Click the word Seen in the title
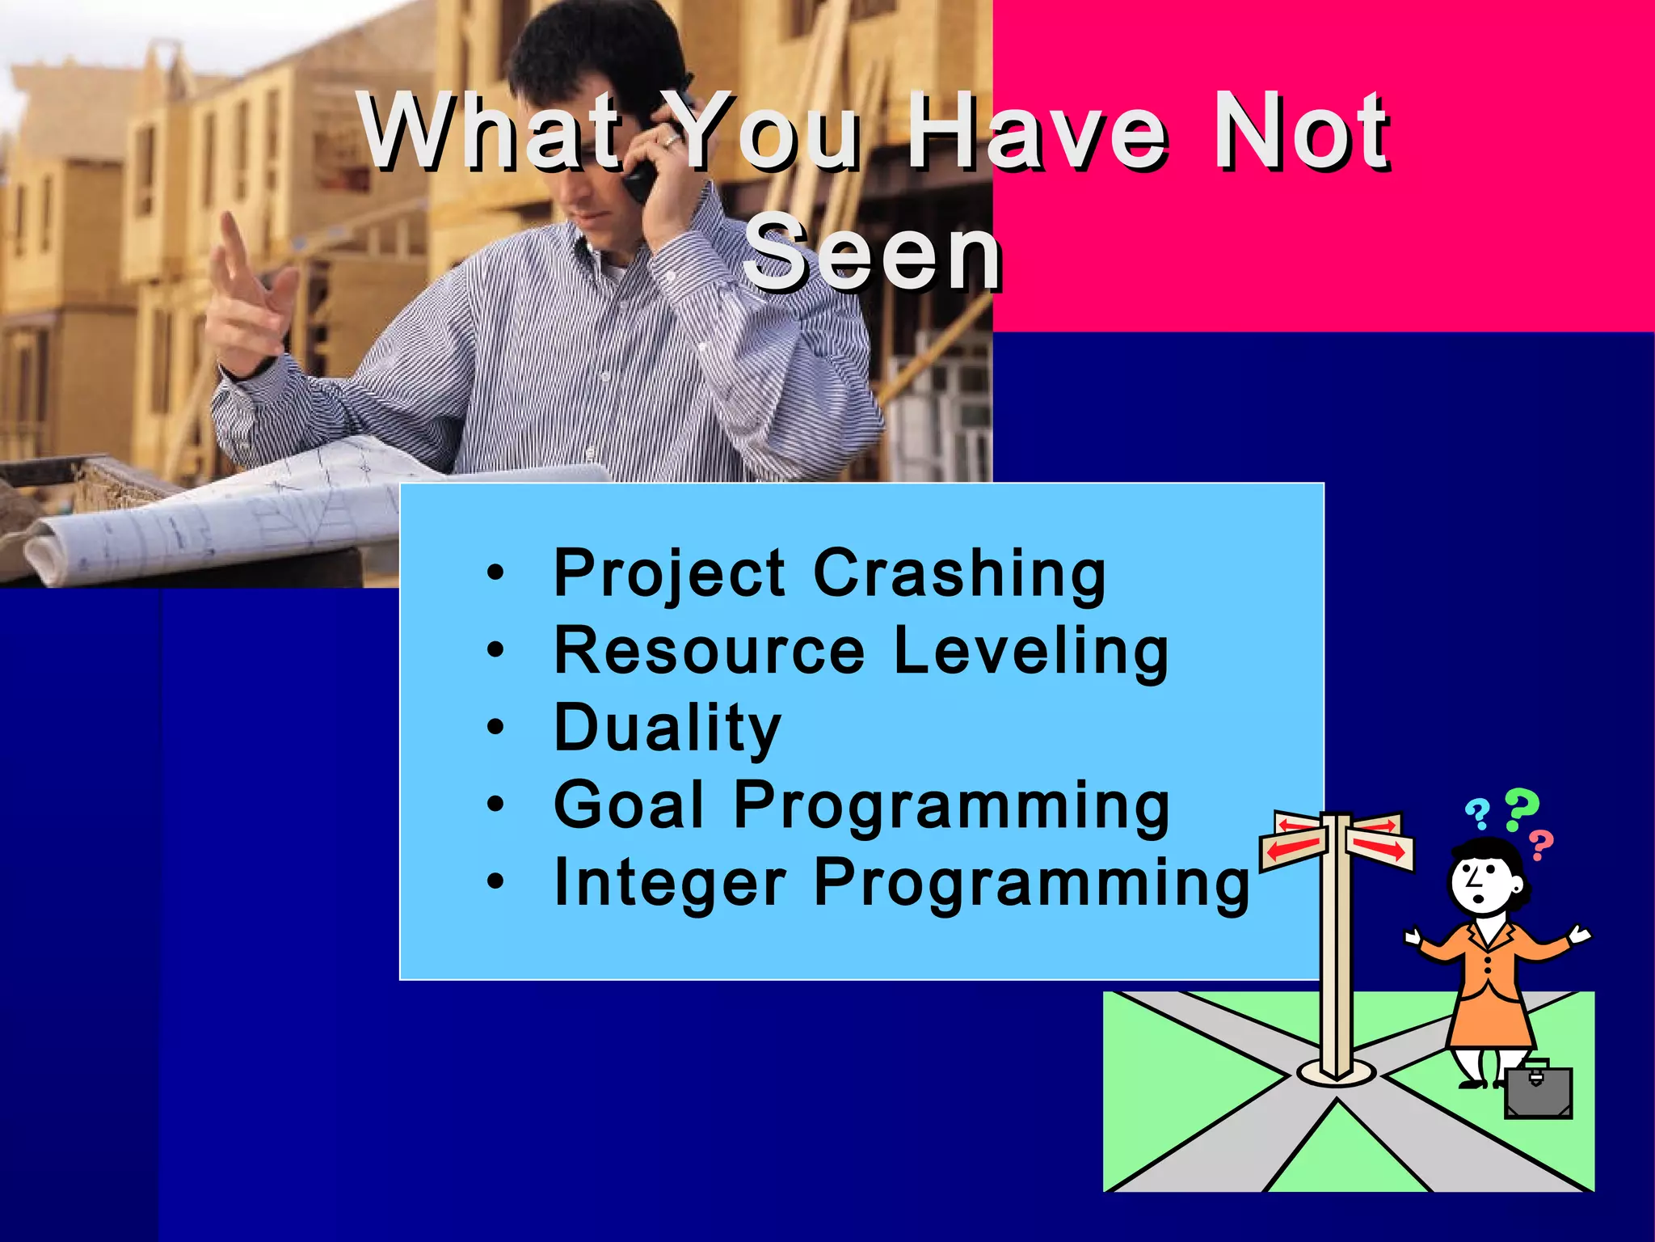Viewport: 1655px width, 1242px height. tap(873, 252)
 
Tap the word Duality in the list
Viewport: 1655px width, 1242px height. tap(667, 729)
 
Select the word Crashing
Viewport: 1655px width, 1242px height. tap(959, 573)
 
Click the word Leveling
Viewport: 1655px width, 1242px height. tap(1031, 651)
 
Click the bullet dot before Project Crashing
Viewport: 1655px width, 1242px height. tap(495, 575)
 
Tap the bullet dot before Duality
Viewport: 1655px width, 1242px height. tap(495, 729)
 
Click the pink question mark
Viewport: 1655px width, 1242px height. tap(1542, 846)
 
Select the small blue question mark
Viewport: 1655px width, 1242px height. tap(1478, 813)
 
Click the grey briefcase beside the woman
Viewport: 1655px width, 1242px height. tap(1538, 1092)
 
